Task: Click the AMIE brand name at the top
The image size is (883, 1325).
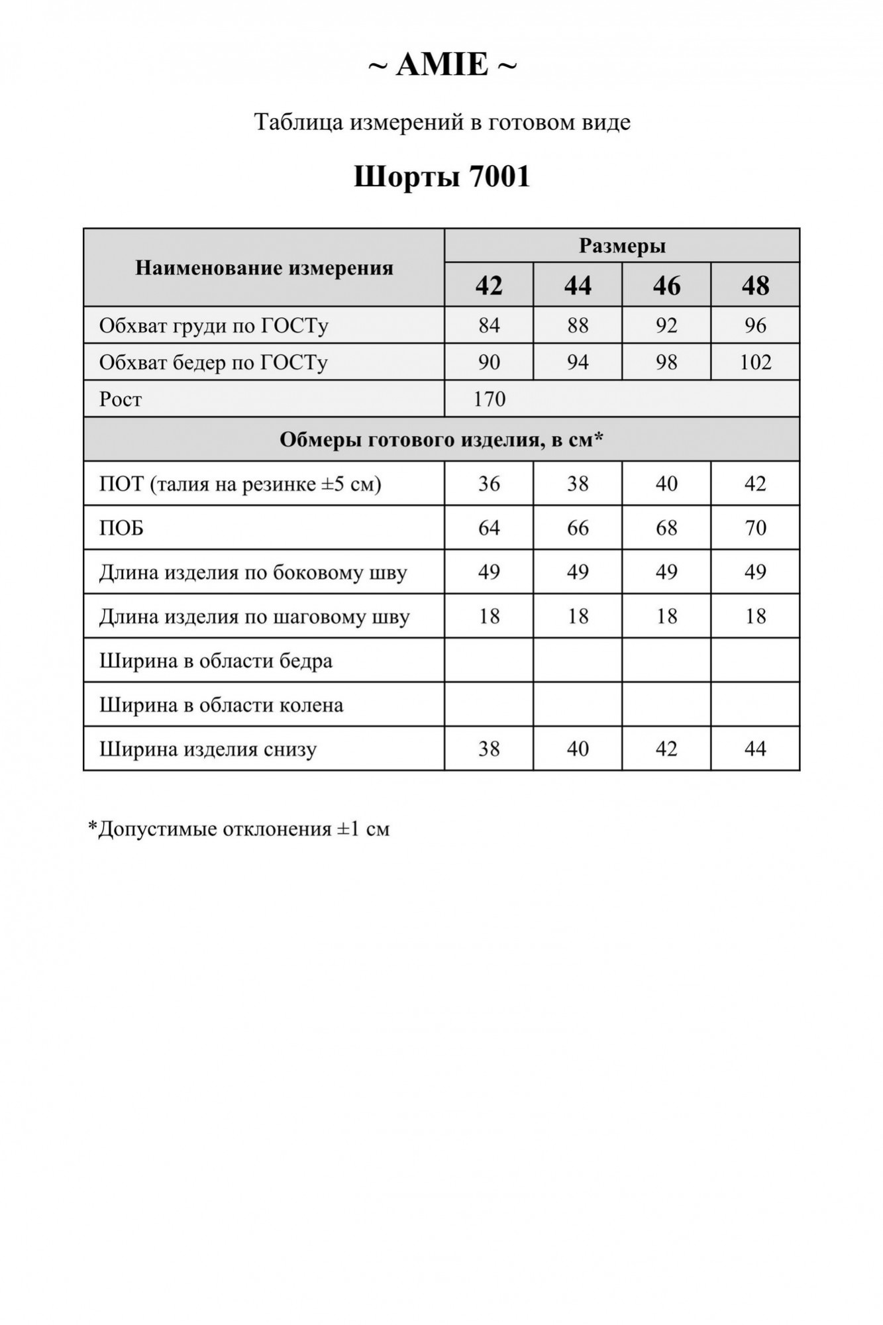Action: pos(442,65)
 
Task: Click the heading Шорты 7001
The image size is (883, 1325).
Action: pos(442,177)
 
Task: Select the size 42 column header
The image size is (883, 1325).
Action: pos(489,286)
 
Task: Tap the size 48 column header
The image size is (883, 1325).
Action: pos(755,286)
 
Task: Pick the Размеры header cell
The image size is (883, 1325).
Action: pos(622,246)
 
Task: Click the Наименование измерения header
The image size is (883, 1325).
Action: pos(264,268)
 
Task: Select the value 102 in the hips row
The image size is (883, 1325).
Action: pos(755,362)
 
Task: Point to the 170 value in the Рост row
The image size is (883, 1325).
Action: pos(490,399)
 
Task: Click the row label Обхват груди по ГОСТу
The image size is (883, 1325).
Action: pos(213,325)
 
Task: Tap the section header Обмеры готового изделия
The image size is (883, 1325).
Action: pos(441,439)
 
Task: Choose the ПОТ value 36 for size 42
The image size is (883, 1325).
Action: pos(489,484)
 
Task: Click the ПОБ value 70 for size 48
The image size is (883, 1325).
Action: pos(755,528)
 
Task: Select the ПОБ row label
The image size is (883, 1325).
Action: pos(121,528)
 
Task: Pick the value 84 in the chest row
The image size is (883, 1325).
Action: pos(489,325)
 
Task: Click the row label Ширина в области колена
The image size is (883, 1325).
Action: pos(221,705)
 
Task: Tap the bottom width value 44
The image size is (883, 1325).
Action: pos(755,749)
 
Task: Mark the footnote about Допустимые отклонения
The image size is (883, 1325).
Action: pos(238,829)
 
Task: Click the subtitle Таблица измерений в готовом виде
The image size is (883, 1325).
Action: pos(442,123)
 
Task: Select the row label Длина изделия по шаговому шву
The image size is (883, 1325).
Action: pos(254,617)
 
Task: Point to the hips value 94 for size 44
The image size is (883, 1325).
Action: pos(578,362)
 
